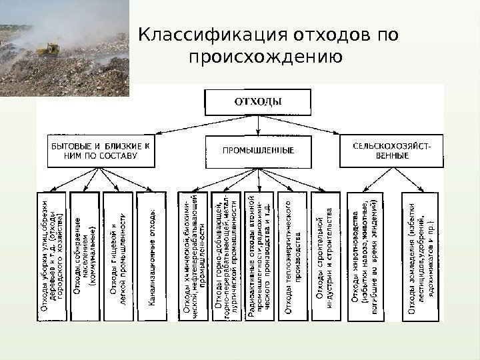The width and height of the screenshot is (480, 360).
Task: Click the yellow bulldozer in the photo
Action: [48, 49]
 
